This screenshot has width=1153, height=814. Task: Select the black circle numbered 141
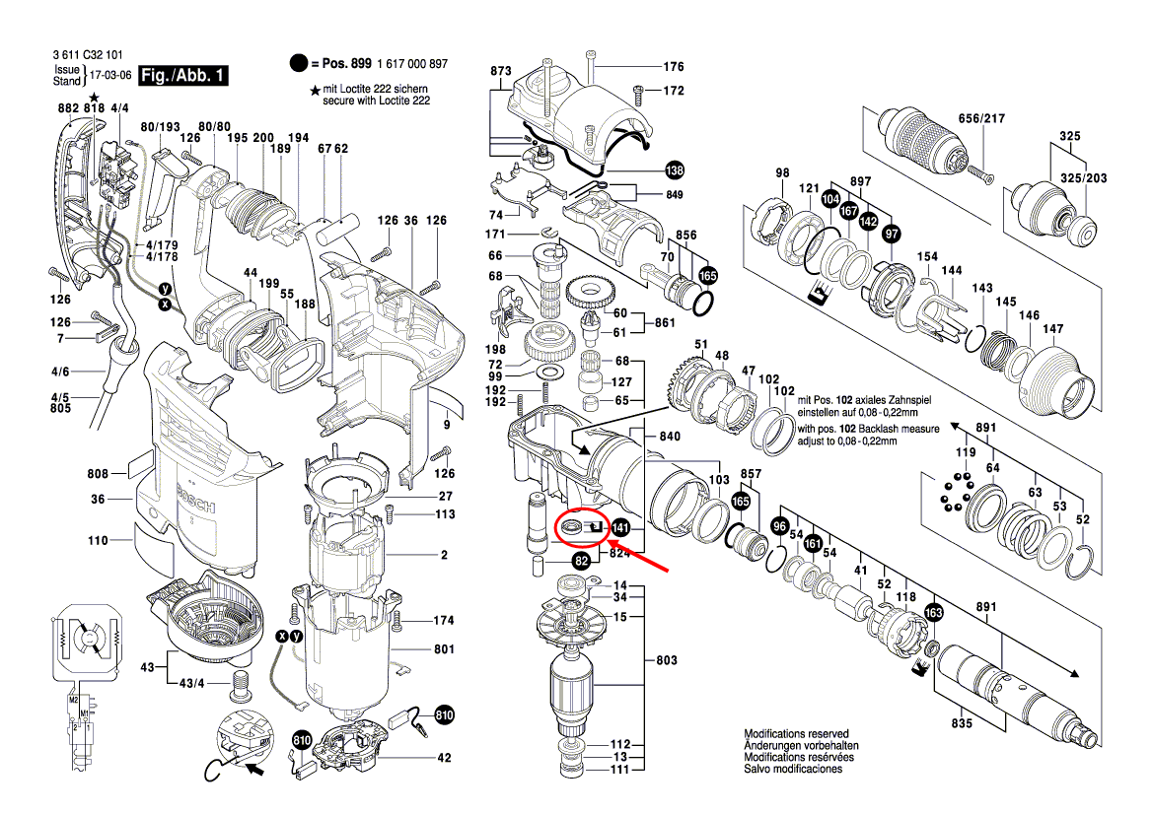tap(620, 528)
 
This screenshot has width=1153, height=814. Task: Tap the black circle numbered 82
tap(582, 561)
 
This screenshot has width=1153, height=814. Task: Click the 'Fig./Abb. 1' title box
tap(183, 76)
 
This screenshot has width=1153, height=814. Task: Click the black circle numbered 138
tap(674, 169)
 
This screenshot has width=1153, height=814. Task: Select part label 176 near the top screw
tap(673, 67)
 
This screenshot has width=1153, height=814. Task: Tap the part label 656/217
tap(981, 118)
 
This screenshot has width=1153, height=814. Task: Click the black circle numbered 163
tap(934, 613)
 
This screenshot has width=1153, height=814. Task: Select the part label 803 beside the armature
tap(668, 659)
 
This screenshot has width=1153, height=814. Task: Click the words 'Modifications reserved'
tap(796, 734)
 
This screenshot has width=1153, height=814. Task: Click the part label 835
tap(962, 724)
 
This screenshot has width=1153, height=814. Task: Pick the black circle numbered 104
tap(830, 198)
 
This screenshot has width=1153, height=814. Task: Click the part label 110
tap(97, 540)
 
